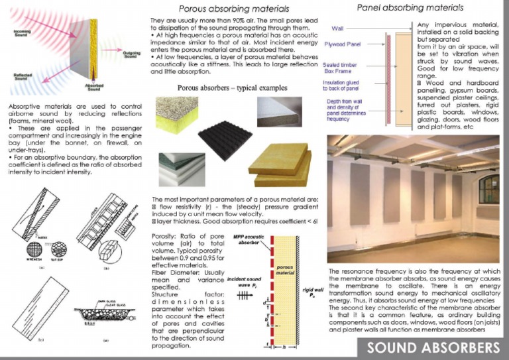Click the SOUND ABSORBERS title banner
pyautogui.click(x=433, y=347)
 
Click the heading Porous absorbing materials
pyautogui.click(x=234, y=9)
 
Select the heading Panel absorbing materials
pyautogui.click(x=410, y=8)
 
